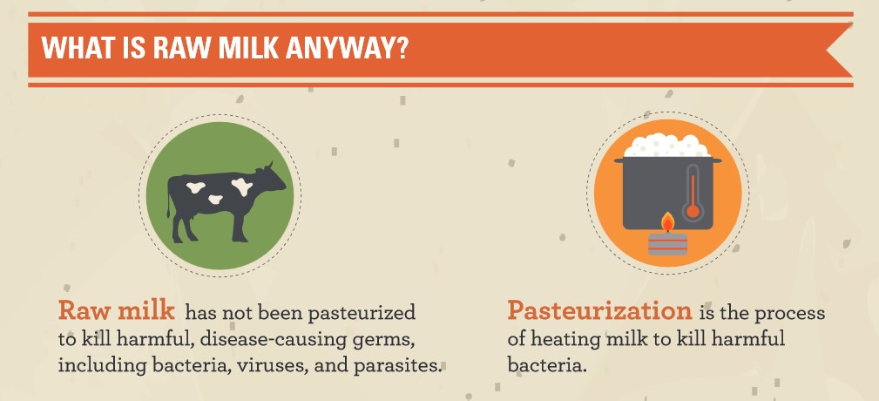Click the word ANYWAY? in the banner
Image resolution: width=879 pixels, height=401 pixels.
[346, 49]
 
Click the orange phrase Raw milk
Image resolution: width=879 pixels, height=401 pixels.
[117, 310]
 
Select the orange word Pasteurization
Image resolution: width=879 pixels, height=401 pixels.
[600, 311]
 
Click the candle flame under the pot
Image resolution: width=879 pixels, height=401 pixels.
[667, 222]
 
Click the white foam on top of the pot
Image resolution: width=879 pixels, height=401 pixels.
[667, 146]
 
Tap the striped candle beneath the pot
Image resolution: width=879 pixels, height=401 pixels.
[667, 243]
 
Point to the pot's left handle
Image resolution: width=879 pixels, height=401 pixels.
[619, 160]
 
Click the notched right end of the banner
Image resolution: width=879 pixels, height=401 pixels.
[840, 50]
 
